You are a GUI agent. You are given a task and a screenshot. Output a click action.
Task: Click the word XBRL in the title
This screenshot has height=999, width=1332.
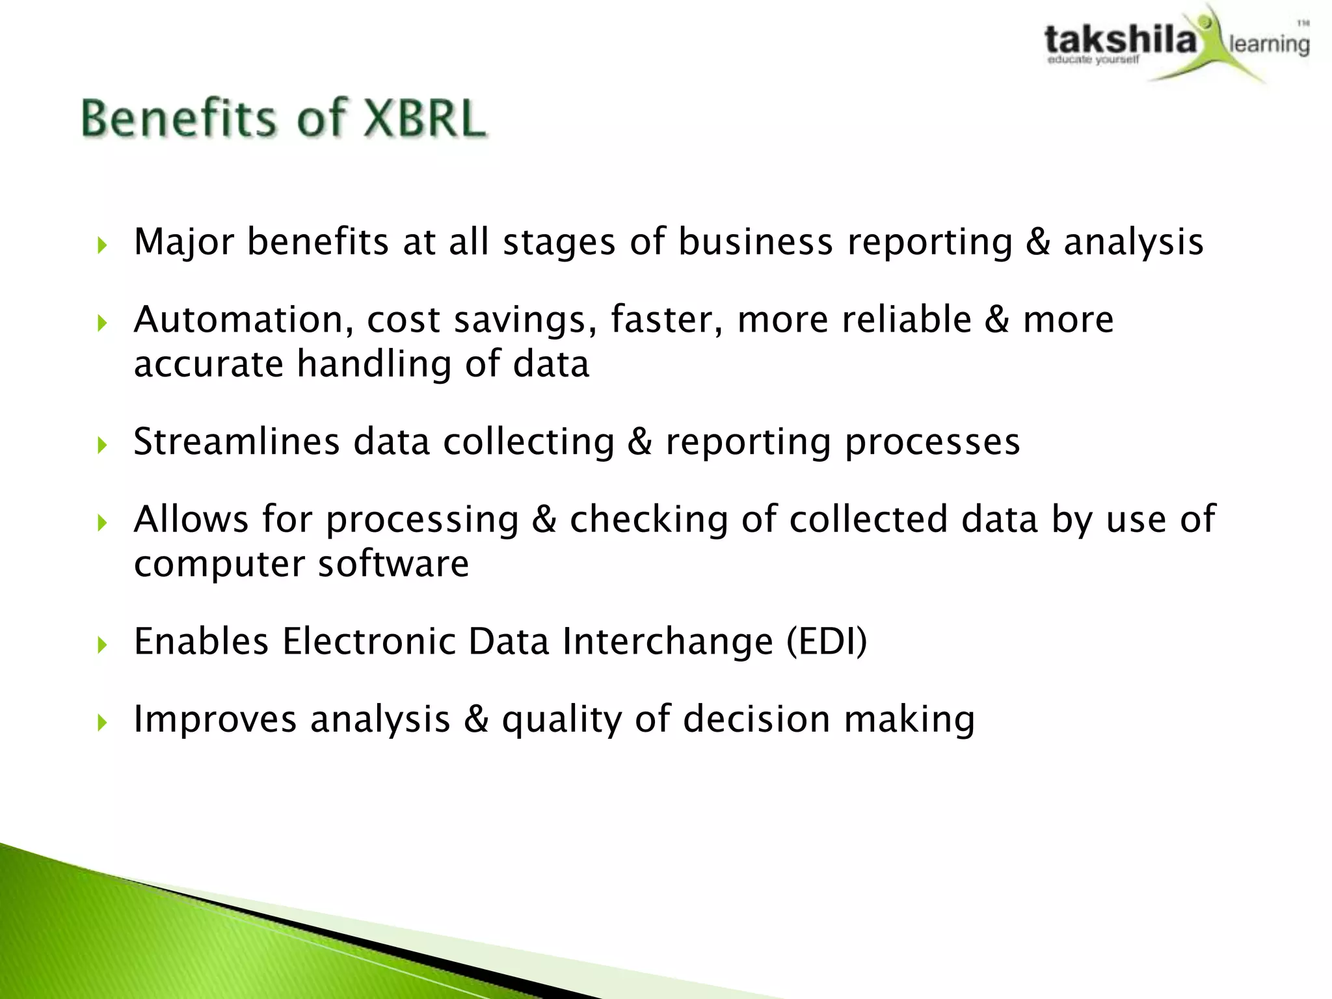[423, 119]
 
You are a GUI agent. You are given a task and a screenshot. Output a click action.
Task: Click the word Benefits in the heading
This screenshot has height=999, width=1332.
[179, 119]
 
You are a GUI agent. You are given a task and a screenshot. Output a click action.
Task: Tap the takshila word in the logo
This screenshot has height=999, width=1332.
[1120, 40]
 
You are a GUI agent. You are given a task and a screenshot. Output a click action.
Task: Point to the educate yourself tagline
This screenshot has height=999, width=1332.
[1093, 60]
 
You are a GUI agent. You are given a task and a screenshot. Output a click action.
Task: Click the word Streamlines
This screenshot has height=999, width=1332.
[237, 442]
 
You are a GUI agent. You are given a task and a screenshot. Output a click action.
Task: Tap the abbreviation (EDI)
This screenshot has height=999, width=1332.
[827, 641]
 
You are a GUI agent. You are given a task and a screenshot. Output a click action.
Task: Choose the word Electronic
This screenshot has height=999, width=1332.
[368, 641]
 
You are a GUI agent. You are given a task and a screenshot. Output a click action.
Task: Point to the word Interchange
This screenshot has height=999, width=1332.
[668, 641]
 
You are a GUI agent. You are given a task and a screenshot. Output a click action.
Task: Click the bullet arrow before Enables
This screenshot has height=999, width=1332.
[101, 645]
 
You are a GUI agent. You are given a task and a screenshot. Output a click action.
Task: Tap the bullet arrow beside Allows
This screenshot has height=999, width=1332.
[101, 523]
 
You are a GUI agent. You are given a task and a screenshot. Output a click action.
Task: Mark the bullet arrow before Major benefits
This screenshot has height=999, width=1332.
[101, 246]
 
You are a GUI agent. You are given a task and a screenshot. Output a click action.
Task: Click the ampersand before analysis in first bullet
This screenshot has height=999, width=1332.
[1038, 242]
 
